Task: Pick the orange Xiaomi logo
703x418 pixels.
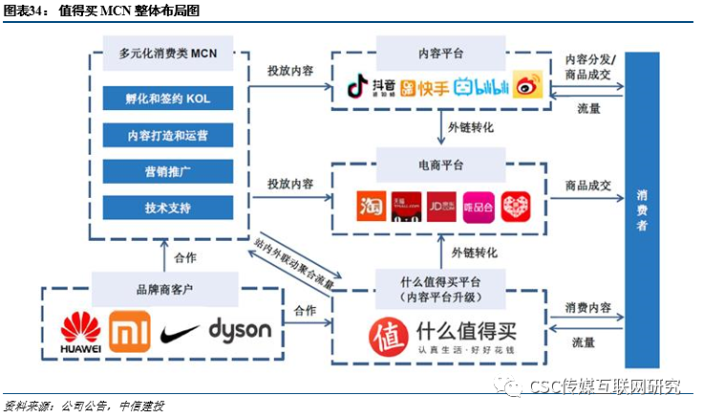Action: point(128,331)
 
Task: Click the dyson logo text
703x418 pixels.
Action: point(240,331)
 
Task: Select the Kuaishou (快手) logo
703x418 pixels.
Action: point(424,88)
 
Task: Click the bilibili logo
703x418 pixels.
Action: point(479,88)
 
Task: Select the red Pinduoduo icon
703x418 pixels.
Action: point(515,207)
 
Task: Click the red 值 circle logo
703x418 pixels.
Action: point(388,335)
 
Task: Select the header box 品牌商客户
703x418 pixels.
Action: point(164,285)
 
